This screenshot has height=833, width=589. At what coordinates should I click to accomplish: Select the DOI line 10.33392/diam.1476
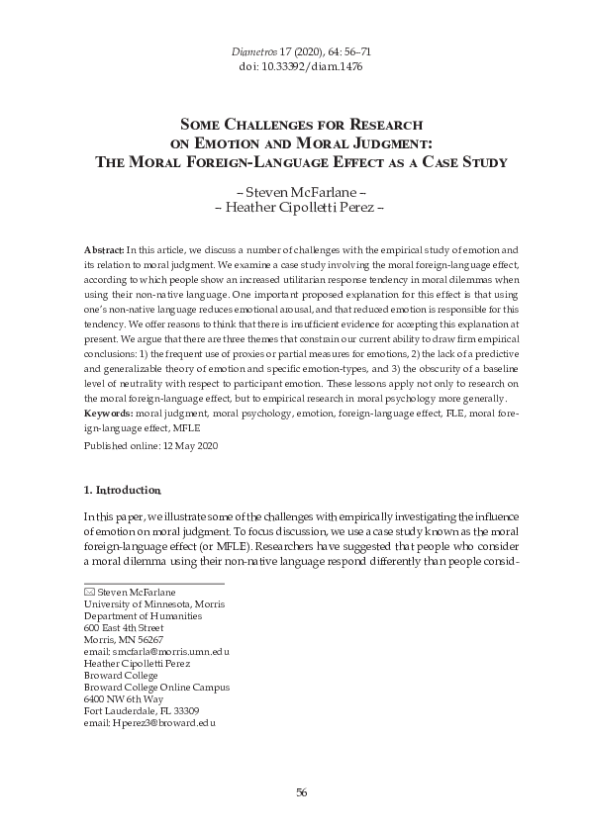pos(294,65)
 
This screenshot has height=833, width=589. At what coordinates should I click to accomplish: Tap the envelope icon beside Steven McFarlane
pos(88,593)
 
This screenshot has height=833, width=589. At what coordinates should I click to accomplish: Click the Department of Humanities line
pos(142,615)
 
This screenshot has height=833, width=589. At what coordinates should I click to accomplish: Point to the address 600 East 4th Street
pos(124,627)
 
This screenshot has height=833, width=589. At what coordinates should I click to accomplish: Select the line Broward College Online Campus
pos(155,687)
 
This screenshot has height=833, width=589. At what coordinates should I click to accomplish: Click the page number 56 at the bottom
pos(302,792)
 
